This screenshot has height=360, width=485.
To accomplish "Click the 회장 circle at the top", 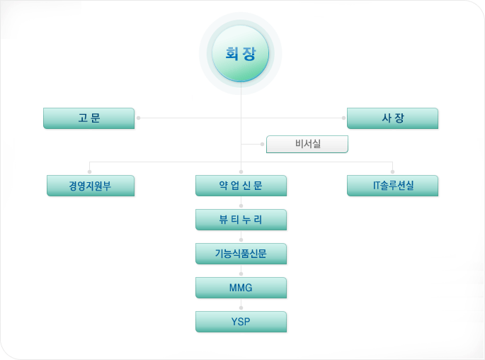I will coord(241,54).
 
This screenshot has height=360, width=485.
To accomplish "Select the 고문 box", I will coord(89,118).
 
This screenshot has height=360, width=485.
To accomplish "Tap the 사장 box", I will coord(392,118).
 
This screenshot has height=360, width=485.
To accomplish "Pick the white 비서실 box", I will coord(308,145).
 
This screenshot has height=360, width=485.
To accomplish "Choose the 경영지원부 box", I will coord(90,186).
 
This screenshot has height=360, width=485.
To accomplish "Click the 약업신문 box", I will coord(241,186).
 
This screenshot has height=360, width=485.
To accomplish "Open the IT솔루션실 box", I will coord(393,186).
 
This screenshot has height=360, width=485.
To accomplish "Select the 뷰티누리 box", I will coord(241,220).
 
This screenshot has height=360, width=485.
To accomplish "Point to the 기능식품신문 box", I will coord(241,254).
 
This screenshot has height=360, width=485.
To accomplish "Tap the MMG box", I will coord(241,288).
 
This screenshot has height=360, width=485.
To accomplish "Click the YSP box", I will coord(241,322).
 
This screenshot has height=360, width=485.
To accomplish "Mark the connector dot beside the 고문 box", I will coord(138,118).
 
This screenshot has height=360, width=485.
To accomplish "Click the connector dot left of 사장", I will coord(343,118).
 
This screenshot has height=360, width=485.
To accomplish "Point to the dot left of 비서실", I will coord(262,145).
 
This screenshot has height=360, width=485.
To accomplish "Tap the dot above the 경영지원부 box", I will coord(90,171).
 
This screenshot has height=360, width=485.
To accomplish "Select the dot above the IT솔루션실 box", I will coord(393,171).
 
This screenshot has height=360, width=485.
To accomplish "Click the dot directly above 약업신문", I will coord(241,171).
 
